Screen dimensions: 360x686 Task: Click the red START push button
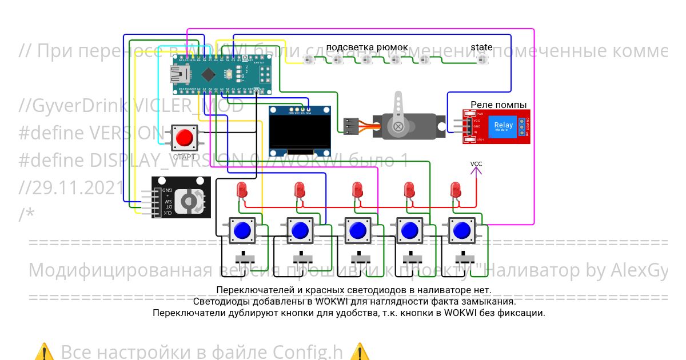[184, 138]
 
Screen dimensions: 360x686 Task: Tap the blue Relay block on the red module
[503, 126]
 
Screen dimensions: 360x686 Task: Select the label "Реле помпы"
[498, 105]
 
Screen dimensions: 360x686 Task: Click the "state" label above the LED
[481, 47]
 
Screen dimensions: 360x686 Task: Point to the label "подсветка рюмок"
[367, 47]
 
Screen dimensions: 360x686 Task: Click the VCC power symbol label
[476, 164]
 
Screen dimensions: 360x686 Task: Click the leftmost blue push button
[242, 231]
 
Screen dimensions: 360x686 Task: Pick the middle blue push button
[357, 231]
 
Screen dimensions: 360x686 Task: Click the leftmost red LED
[242, 190]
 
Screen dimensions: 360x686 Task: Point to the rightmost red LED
[456, 189]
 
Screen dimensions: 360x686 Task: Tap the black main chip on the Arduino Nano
[208, 74]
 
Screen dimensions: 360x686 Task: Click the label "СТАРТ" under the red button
[184, 157]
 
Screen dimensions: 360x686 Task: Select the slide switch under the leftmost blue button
[247, 254]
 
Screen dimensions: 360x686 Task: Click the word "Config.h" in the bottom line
[308, 351]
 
